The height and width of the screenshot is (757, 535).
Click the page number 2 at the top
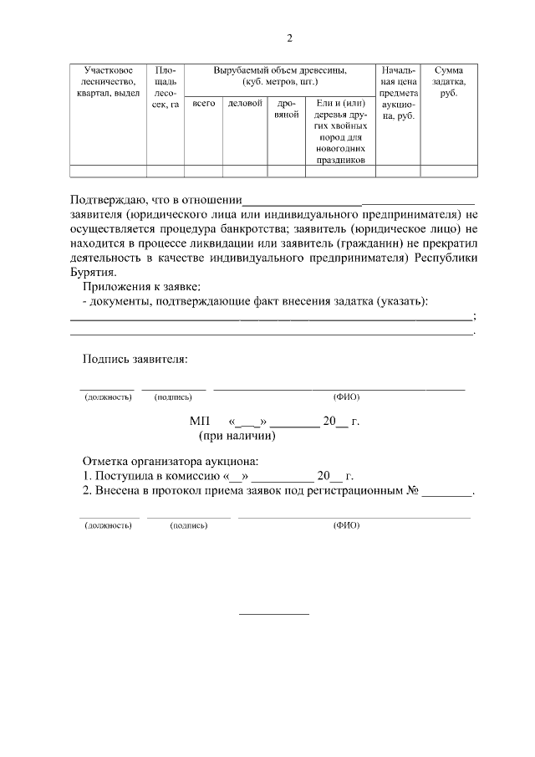289,38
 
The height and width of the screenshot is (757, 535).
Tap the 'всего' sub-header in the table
204,104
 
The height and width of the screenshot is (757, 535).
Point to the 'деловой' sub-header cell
246,104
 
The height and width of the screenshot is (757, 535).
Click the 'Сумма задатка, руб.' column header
449,82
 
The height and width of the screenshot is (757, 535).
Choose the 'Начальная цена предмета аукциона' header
398,93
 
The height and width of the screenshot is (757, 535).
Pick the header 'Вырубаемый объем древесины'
280,77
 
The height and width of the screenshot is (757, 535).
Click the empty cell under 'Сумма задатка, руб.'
449,171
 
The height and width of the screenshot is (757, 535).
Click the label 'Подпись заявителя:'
135,359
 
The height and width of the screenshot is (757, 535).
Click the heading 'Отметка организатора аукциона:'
171,461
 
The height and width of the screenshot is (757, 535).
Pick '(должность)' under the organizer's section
109,526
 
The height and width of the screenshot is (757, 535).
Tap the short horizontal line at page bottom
274,615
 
